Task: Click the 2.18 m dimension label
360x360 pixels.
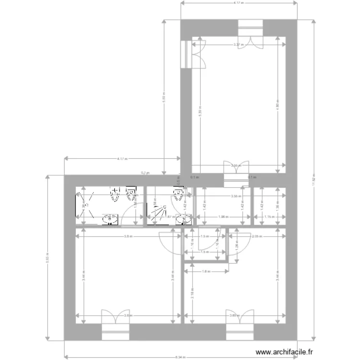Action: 192,292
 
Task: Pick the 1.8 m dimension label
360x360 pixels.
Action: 205,271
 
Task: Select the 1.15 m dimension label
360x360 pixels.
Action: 269,216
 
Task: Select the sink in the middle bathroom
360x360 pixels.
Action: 183,220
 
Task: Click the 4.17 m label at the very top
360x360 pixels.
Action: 239,3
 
